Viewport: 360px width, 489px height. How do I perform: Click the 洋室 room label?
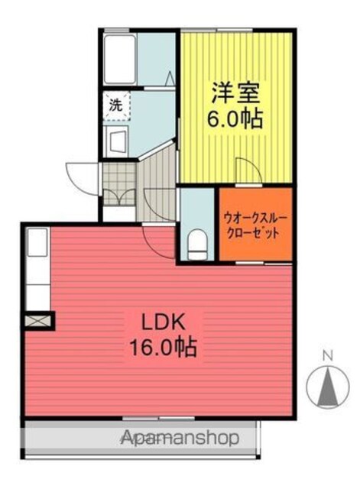(235, 92)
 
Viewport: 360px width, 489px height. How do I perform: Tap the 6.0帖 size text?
(235, 119)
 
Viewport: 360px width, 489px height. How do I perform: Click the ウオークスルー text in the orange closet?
(255, 217)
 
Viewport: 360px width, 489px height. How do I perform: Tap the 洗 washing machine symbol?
(116, 106)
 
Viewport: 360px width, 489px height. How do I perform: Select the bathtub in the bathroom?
(120, 60)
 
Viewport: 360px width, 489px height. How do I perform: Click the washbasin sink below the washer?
(115, 141)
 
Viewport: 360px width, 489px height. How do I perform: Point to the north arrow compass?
(328, 386)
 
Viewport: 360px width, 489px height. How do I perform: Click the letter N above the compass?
(328, 355)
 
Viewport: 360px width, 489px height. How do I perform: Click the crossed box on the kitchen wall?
(37, 321)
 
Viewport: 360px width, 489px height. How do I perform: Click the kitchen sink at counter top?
(37, 242)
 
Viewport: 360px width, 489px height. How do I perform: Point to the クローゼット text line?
(253, 232)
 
